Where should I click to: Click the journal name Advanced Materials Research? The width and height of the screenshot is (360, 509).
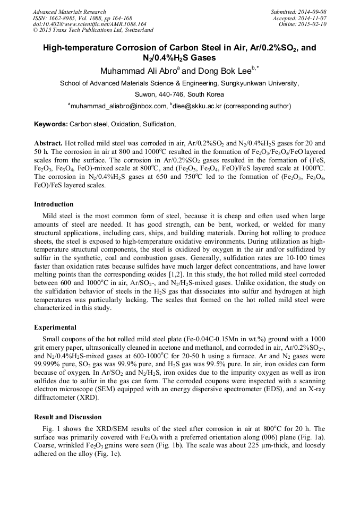coord(69,12)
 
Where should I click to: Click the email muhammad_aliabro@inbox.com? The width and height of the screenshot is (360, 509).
coord(118,106)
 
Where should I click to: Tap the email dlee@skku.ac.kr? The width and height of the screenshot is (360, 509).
coord(197,106)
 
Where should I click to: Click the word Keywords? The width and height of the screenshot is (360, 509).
coord(50,124)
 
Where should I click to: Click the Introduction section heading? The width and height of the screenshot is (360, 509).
coord(54,204)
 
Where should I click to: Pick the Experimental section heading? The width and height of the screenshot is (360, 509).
coord(55,327)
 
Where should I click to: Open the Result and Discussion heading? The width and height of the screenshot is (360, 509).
coord(67,417)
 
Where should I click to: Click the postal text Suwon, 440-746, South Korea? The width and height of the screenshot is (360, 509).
coord(179,94)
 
